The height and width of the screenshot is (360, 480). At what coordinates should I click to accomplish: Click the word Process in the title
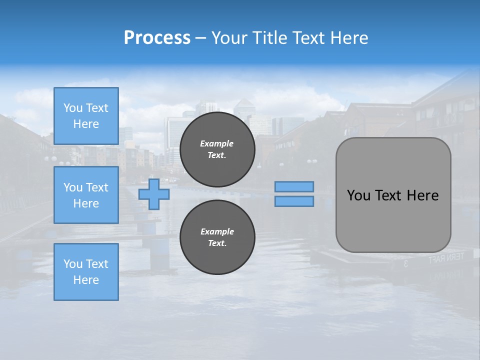[x=157, y=38]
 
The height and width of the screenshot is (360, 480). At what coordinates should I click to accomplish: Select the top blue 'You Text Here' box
[x=86, y=116]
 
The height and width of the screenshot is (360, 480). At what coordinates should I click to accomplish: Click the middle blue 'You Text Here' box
[x=86, y=195]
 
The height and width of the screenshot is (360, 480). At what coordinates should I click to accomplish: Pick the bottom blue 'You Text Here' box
[x=86, y=272]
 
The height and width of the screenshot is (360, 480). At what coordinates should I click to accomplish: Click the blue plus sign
[x=154, y=194]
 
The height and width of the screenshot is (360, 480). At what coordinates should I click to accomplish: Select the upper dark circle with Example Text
[x=217, y=149]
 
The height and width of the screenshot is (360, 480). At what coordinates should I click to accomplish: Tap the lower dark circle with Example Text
[x=217, y=237]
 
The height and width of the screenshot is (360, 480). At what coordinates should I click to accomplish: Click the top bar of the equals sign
[x=294, y=186]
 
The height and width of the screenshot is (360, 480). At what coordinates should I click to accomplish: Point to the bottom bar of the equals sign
[x=294, y=201]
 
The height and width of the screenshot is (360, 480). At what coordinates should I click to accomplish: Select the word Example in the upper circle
[x=216, y=143]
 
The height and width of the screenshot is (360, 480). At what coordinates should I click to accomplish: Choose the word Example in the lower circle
[x=216, y=231]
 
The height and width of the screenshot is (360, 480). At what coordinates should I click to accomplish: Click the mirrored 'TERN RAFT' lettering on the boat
[x=446, y=258]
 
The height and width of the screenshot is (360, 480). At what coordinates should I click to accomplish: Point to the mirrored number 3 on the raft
[x=405, y=263]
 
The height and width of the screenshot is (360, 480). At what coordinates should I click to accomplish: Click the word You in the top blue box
[x=73, y=108]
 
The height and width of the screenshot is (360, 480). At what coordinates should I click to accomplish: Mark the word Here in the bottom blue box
[x=86, y=280]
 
